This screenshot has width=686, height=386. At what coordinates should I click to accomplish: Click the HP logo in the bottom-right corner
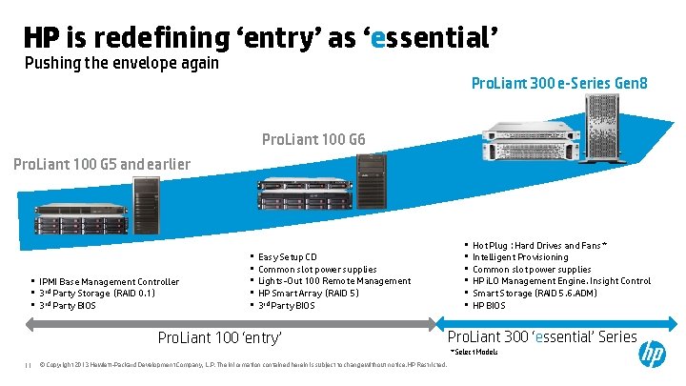pos(653,356)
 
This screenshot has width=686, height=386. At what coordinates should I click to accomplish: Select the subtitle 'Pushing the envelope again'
pos(122,64)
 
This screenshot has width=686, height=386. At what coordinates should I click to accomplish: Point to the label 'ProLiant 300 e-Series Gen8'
pos(559,85)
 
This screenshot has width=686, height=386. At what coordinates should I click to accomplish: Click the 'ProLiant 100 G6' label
pos(313,141)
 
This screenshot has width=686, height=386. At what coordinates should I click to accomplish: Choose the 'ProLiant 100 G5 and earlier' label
pos(102,164)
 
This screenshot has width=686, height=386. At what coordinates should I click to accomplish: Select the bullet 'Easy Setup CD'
pos(287,257)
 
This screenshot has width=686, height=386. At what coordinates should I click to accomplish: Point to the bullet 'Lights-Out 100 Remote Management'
pos(334,281)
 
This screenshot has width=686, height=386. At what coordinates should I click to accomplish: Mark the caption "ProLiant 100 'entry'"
pos(219,338)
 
